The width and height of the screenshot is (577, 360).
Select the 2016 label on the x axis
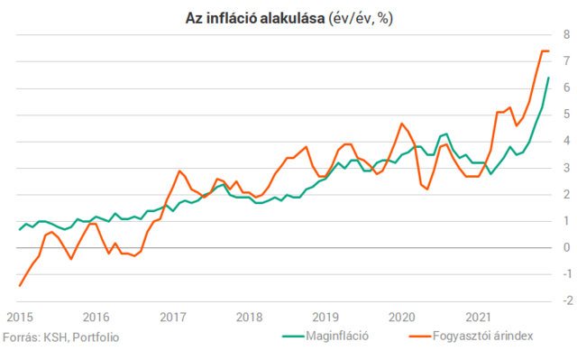pos(96,318)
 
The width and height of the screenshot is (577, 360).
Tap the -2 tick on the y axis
pos(564,300)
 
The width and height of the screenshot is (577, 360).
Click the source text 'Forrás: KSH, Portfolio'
pos(60,337)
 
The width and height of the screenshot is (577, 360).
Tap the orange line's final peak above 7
pos(545,51)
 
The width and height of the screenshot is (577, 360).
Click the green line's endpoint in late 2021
pos(549,78)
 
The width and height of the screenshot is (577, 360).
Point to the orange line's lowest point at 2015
pos(20,285)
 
